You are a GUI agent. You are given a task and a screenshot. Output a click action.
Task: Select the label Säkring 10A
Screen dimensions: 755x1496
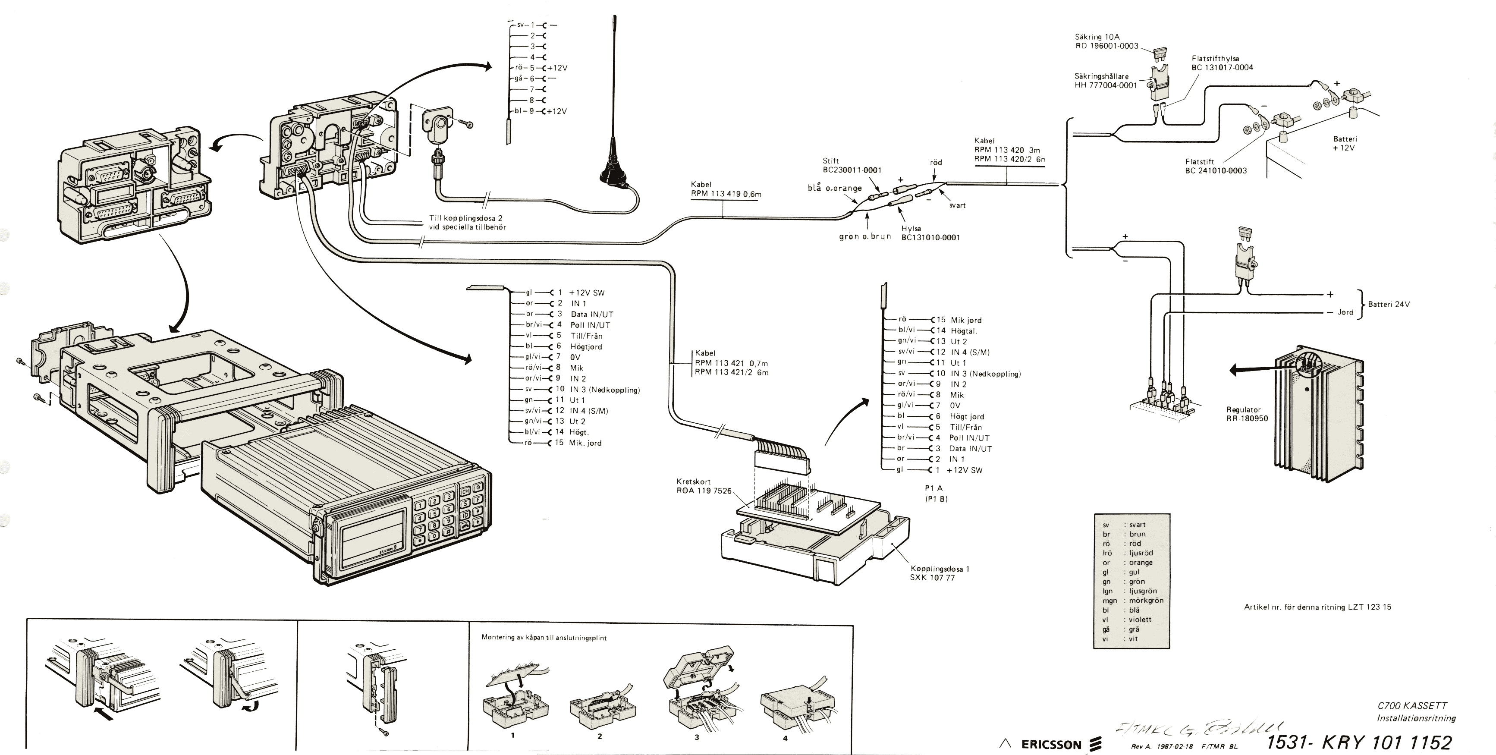click(1097, 37)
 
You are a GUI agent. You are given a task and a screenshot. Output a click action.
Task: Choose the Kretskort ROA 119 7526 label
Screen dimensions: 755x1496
click(704, 486)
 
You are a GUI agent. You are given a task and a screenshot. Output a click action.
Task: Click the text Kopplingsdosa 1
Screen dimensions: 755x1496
click(940, 569)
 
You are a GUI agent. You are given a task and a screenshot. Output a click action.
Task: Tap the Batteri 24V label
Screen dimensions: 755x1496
click(1389, 304)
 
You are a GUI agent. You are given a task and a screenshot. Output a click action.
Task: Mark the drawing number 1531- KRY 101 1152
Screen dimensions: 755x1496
click(1358, 742)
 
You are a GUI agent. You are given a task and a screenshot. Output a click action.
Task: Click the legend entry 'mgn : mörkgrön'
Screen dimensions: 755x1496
click(1132, 601)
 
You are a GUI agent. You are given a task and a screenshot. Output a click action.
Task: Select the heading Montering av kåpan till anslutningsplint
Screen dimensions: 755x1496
click(544, 638)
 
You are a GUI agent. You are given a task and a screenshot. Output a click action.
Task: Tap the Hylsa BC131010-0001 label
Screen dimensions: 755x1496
click(930, 233)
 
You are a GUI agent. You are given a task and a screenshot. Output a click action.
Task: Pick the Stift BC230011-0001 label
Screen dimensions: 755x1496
click(852, 166)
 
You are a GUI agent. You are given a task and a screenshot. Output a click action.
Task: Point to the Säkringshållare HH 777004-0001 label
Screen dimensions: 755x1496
click(1105, 81)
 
